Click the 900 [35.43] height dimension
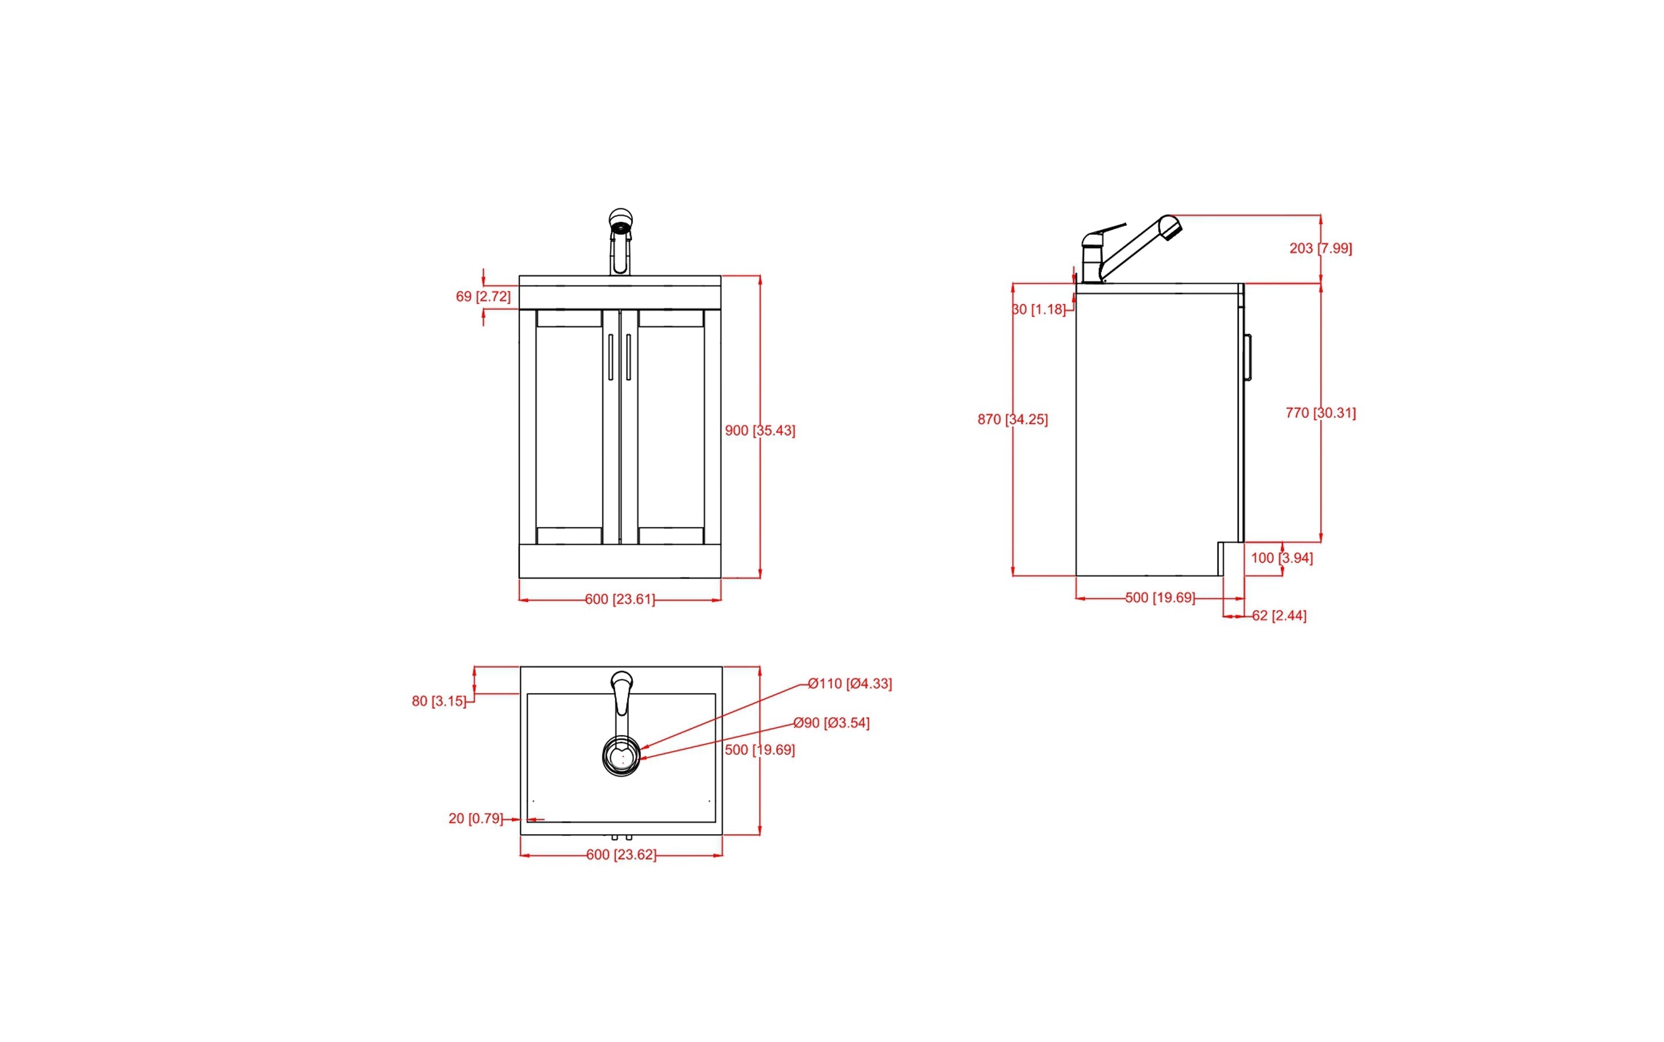click(x=759, y=431)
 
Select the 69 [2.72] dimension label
click(x=483, y=297)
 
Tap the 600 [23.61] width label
click(x=620, y=599)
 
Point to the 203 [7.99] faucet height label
click(x=1320, y=248)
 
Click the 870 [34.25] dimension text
click(x=1012, y=419)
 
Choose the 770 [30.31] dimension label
click(x=1320, y=413)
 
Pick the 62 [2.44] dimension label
click(x=1279, y=615)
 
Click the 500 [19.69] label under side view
click(x=1160, y=598)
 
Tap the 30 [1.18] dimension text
click(x=1039, y=309)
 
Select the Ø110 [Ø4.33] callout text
click(x=849, y=684)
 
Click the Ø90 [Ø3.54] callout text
click(x=831, y=723)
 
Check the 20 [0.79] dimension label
click(x=476, y=819)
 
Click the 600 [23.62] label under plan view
click(x=620, y=854)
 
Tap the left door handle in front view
click(x=611, y=356)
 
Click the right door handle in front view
click(x=628, y=356)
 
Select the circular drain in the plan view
click(x=621, y=756)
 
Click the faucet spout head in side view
click(x=1171, y=227)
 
